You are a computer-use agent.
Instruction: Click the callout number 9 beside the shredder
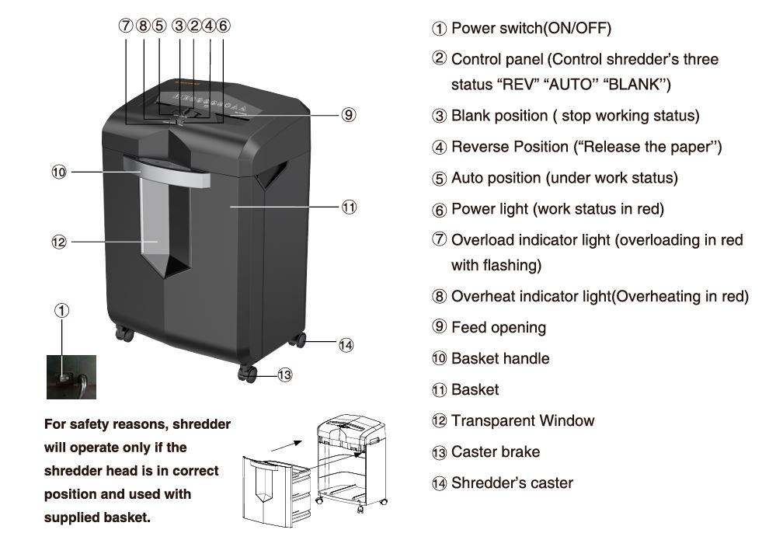[x=349, y=115]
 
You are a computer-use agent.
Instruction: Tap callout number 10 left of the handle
[x=59, y=172]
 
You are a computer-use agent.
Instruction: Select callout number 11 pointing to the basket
[x=349, y=207]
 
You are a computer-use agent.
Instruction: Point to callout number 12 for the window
[x=59, y=242]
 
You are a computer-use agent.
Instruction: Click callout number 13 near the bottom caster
[x=285, y=375]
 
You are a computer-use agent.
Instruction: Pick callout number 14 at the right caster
[x=346, y=345]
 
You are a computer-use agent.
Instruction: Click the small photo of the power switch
[x=71, y=377]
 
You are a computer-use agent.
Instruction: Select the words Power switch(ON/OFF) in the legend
[x=531, y=29]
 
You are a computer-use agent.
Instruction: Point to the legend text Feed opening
[x=498, y=328]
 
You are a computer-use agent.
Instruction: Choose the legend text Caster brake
[x=496, y=452]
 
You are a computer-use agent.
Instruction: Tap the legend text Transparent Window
[x=523, y=421]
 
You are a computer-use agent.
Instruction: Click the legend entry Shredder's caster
[x=512, y=483]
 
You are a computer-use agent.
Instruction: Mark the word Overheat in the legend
[x=482, y=297]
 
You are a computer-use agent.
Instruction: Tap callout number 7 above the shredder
[x=126, y=25]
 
